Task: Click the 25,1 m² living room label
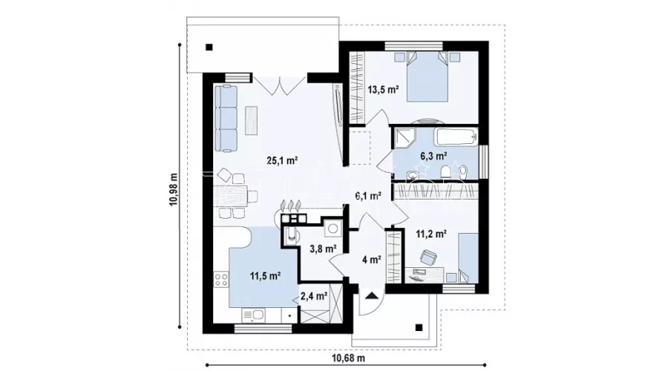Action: (x=281, y=160)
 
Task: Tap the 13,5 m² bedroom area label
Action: (x=383, y=90)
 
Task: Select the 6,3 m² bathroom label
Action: (x=433, y=156)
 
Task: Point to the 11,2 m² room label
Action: (x=431, y=234)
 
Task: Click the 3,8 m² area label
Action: (x=323, y=249)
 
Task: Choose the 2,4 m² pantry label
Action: (x=313, y=295)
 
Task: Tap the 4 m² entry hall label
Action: (x=372, y=260)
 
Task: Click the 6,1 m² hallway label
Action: (x=368, y=195)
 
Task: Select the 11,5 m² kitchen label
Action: (x=265, y=275)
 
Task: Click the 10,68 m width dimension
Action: (x=348, y=358)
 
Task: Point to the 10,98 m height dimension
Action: (x=174, y=188)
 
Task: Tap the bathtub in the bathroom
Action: (x=456, y=137)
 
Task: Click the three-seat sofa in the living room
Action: (x=226, y=118)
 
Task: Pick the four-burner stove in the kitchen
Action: (x=221, y=280)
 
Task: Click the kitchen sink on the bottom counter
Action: (x=254, y=315)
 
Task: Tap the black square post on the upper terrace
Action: (x=209, y=47)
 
